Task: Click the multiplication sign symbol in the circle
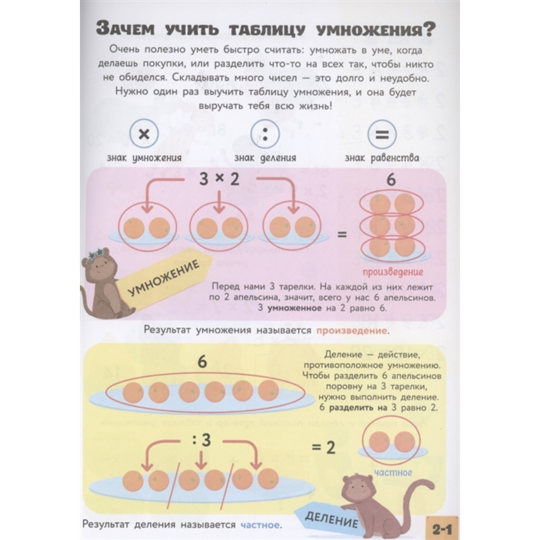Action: (x=144, y=135)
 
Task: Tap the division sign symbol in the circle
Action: (x=265, y=134)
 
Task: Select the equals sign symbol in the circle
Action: (x=382, y=135)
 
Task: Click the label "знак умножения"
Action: (x=144, y=158)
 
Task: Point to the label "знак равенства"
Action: (x=382, y=158)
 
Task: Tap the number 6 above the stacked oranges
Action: (x=391, y=180)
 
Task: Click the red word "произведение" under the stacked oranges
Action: (x=393, y=272)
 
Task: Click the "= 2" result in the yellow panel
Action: (x=323, y=448)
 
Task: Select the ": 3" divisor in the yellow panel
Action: (x=201, y=440)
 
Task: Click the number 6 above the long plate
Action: (x=202, y=362)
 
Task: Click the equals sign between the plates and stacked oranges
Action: (x=342, y=234)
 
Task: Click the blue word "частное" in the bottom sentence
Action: (x=260, y=525)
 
